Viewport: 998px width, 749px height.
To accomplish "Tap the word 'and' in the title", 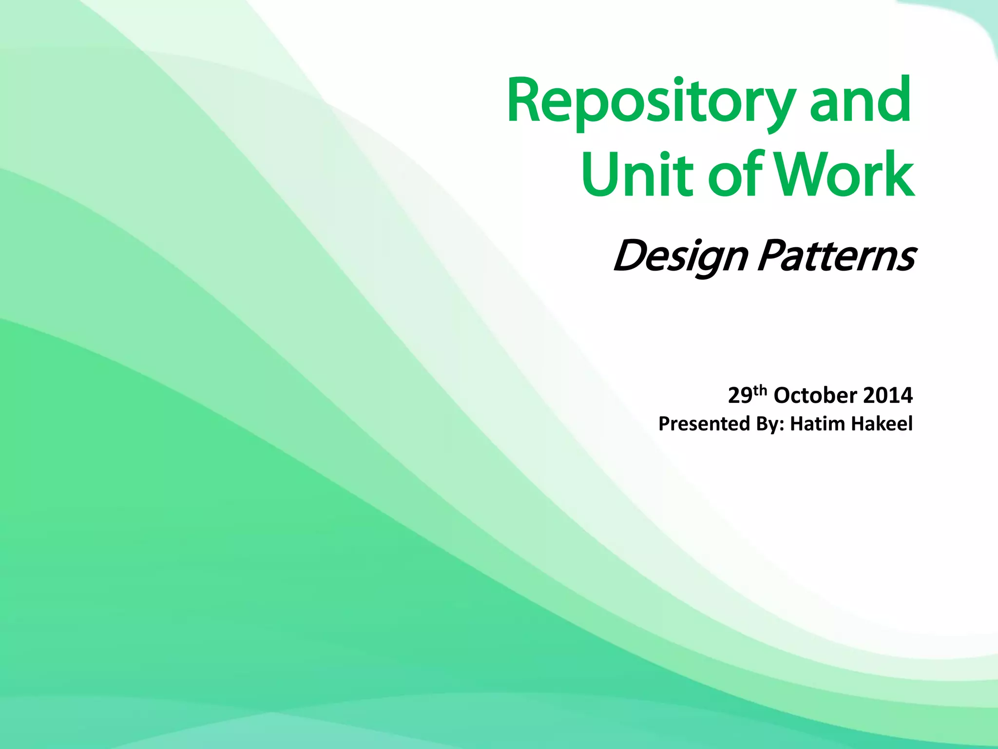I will pyautogui.click(x=860, y=100).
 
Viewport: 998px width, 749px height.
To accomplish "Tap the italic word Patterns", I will pyautogui.click(x=836, y=256).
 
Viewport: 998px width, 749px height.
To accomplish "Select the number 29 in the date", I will pyautogui.click(x=740, y=395).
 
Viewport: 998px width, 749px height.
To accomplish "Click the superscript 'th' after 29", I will pyautogui.click(x=760, y=390).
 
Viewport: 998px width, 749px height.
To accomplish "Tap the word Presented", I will pyautogui.click(x=704, y=424).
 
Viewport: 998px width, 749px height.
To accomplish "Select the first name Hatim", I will pyautogui.click(x=818, y=424).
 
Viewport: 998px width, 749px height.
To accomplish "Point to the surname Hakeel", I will pyautogui.click(x=882, y=424).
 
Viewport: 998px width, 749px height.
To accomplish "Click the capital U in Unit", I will pyautogui.click(x=601, y=174).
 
